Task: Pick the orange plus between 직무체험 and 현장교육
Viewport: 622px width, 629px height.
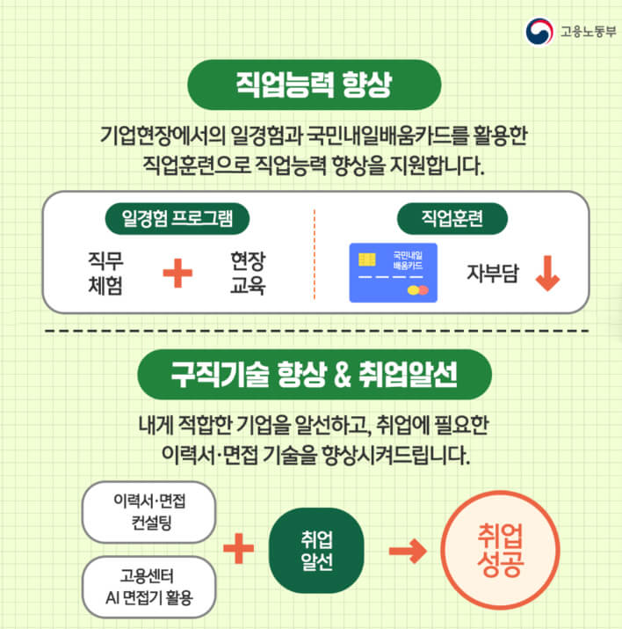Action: [x=177, y=274]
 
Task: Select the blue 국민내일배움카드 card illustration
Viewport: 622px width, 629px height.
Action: [x=393, y=273]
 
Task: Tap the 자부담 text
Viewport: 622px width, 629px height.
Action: [x=492, y=274]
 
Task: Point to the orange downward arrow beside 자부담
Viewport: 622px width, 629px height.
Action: [x=546, y=274]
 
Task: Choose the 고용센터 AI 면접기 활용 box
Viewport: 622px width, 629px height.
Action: [x=148, y=587]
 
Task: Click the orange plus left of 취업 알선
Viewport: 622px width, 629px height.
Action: [x=237, y=551]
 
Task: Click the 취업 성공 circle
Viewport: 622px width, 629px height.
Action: [x=502, y=550]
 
